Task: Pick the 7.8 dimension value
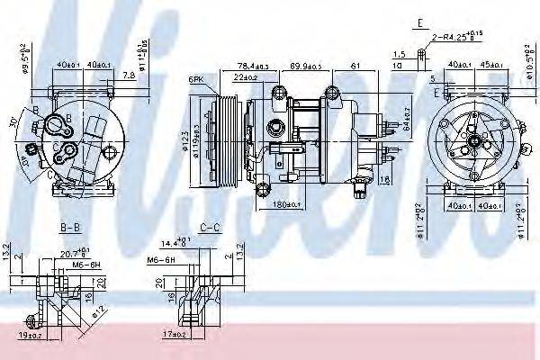click(129, 76)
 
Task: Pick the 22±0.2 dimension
click(245, 77)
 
